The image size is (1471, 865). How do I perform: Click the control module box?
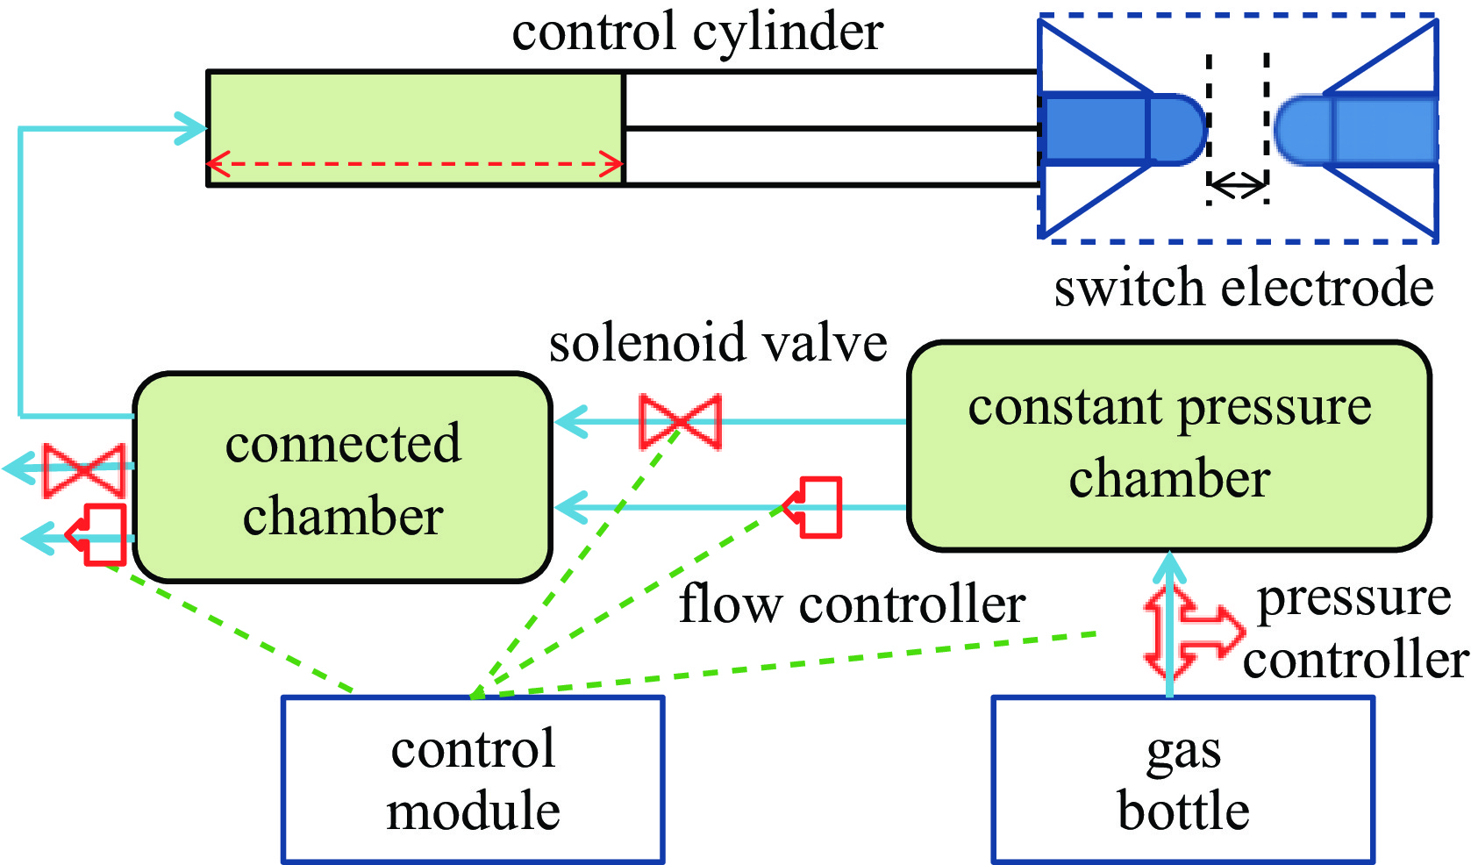pyautogui.click(x=473, y=779)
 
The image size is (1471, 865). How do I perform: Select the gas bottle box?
pyautogui.click(x=1182, y=779)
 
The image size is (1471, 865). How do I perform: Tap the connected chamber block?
pyautogui.click(x=342, y=478)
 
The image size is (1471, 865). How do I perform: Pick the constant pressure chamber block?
pyautogui.click(x=1169, y=446)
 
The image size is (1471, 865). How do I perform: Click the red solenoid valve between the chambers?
pyautogui.click(x=681, y=422)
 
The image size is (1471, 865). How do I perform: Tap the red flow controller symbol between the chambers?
pyautogui.click(x=815, y=507)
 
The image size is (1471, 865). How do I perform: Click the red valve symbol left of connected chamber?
pyautogui.click(x=84, y=471)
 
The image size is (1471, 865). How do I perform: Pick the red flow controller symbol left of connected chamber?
pyautogui.click(x=99, y=534)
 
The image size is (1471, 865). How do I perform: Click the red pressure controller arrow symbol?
pyautogui.click(x=1189, y=632)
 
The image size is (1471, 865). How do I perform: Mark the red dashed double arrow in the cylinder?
pyautogui.click(x=414, y=164)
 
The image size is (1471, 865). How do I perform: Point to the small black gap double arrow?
pyautogui.click(x=1237, y=184)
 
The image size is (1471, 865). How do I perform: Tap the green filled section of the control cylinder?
pyautogui.click(x=414, y=114)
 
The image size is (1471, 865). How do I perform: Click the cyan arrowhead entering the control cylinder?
pyautogui.click(x=191, y=129)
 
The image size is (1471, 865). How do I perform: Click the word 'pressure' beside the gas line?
pyautogui.click(x=1353, y=600)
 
